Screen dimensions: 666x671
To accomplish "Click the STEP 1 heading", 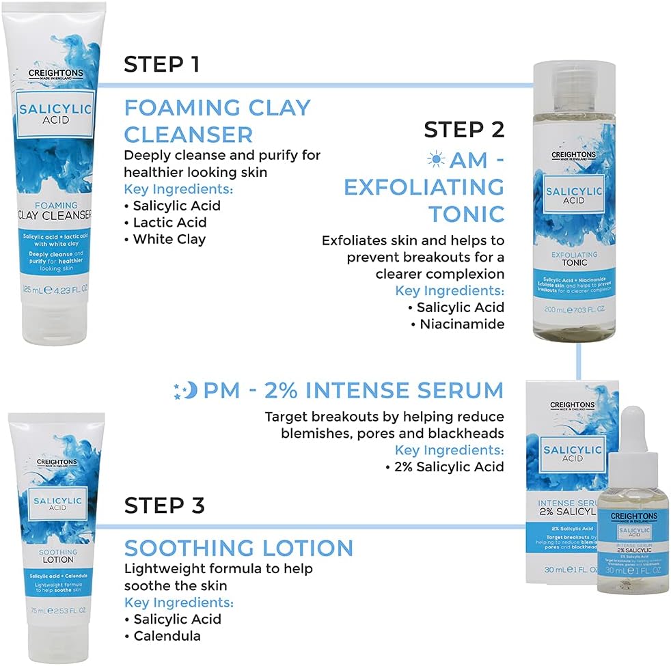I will click(x=161, y=65).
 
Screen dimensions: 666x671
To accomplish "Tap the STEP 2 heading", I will click(x=463, y=129).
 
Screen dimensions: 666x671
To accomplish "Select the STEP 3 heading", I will click(x=164, y=505).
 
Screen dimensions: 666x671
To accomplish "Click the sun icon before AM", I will click(x=435, y=160).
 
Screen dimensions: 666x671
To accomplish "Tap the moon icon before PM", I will click(x=186, y=390).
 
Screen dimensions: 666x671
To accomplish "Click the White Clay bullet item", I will click(x=169, y=239).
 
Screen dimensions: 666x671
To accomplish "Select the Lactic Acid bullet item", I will click(x=169, y=222).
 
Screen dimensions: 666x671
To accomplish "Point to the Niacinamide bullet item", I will click(x=461, y=324).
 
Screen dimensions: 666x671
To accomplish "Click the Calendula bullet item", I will click(x=167, y=636).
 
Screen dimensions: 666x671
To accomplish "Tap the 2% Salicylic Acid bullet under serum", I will click(x=448, y=467).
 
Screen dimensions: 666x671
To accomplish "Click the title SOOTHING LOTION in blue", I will click(x=238, y=547).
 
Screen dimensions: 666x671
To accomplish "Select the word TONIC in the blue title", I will click(x=466, y=213).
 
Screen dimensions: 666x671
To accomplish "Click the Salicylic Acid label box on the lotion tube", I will click(x=57, y=504).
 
